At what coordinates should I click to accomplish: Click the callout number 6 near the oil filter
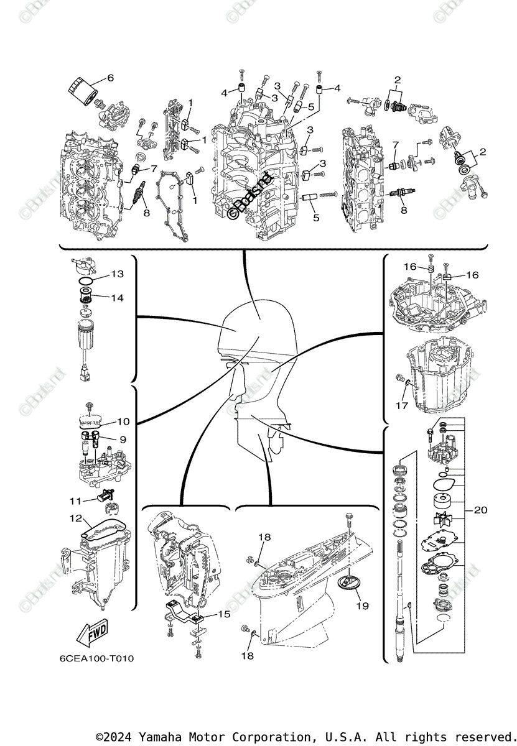point(111,78)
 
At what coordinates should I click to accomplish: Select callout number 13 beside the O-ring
point(118,274)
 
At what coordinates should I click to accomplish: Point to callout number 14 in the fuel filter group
point(118,298)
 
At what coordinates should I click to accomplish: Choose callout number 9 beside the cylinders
point(123,440)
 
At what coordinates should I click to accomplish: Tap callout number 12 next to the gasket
point(75,518)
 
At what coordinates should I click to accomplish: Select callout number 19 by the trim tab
point(362,605)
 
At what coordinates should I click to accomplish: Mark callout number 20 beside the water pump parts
point(480,510)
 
